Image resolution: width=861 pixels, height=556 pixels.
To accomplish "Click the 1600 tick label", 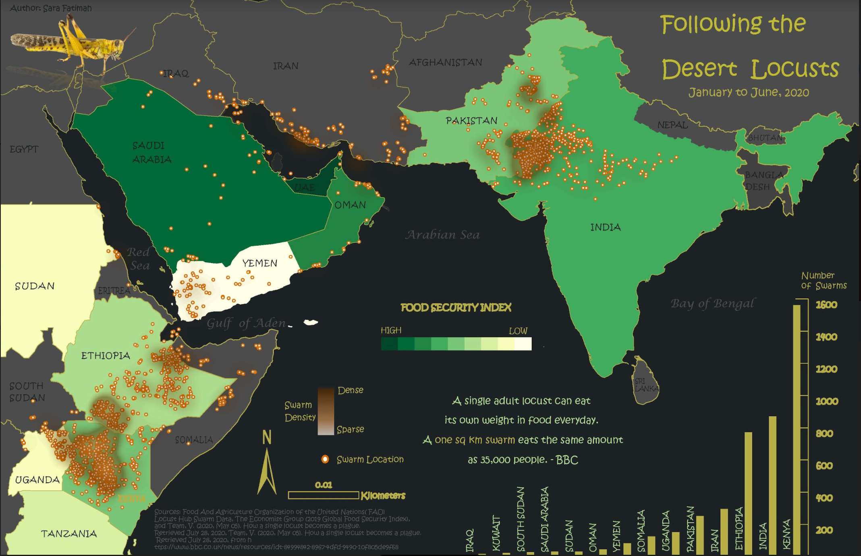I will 826,305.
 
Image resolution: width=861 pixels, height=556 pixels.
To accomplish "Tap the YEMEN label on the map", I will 260,263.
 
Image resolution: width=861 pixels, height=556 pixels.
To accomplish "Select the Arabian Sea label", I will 442,235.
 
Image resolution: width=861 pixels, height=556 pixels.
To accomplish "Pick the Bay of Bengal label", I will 713,303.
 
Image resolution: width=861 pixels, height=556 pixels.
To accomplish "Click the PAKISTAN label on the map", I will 471,120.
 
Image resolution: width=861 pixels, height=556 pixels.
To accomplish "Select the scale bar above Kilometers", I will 323,495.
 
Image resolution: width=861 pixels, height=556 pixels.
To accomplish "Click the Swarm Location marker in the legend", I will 325,459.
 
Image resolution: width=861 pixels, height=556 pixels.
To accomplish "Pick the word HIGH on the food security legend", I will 391,331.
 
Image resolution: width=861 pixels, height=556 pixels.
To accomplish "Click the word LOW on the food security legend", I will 518,331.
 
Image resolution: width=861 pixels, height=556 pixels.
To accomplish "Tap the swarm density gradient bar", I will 326,411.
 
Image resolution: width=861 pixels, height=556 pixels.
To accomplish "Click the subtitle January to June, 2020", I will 748,93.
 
